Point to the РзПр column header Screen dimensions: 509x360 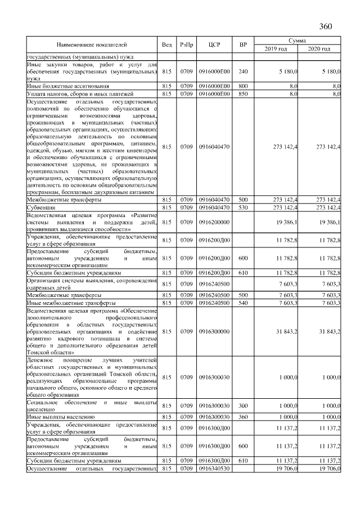pos(186,44)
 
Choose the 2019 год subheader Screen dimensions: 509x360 pos(276,49)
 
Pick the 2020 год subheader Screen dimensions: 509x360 pos(319,49)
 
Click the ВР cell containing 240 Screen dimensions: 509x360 pos(243,72)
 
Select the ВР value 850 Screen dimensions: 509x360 pos(243,94)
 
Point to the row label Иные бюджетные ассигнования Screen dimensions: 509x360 pos(62,86)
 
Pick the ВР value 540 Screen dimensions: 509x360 pos(243,303)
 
